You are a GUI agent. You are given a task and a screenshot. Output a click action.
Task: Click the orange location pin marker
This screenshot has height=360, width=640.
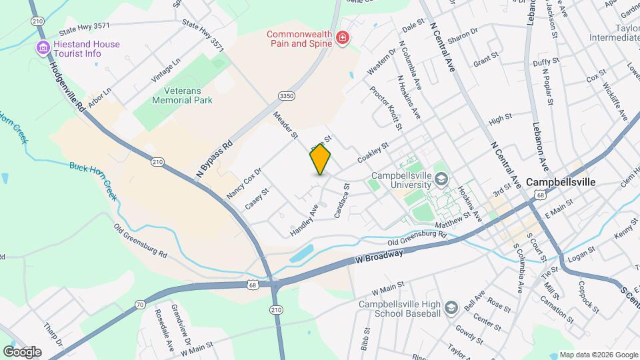pyautogui.click(x=321, y=159)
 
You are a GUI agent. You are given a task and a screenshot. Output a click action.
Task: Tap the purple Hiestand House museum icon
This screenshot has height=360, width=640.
pyautogui.click(x=44, y=48)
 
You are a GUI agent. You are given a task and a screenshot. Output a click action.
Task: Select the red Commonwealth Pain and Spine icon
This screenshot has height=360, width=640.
pyautogui.click(x=343, y=38)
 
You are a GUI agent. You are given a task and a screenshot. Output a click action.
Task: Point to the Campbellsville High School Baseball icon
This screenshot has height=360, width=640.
pyautogui.click(x=451, y=307)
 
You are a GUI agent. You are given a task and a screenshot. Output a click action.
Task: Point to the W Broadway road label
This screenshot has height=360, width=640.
pyautogui.click(x=379, y=256)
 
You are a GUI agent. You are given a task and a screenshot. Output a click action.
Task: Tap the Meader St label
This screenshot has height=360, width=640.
pyautogui.click(x=286, y=125)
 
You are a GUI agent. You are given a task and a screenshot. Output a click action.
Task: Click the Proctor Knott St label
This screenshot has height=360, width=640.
pyautogui.click(x=387, y=109)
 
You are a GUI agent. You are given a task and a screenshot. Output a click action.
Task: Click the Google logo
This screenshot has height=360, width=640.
pyautogui.click(x=22, y=351)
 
